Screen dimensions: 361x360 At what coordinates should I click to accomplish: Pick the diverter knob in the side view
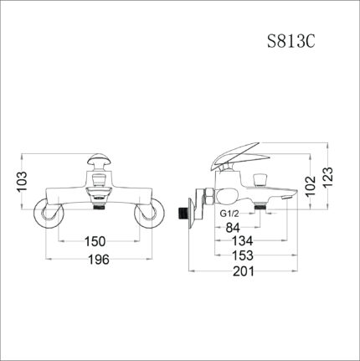(259, 178)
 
